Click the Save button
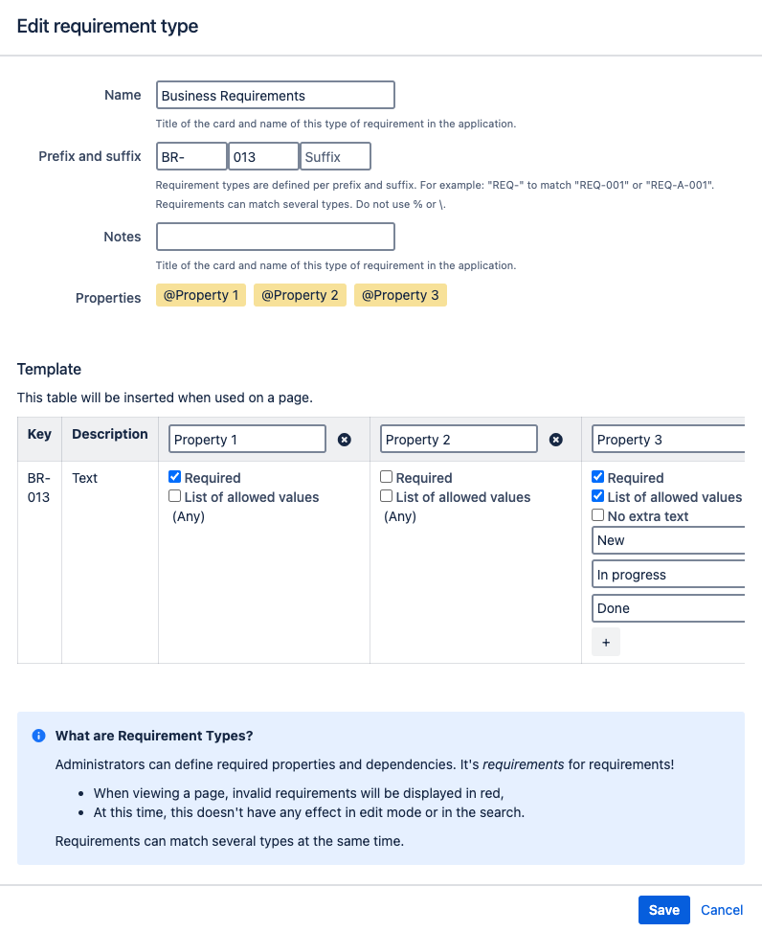click(663, 910)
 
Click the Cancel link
click(722, 910)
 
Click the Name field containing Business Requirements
click(275, 95)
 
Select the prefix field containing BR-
click(191, 156)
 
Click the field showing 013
click(263, 156)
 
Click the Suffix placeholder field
click(335, 156)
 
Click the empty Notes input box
click(275, 237)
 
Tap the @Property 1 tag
click(201, 295)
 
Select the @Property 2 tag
click(300, 295)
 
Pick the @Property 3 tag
click(400, 295)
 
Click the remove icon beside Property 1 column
click(345, 440)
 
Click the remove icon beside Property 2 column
click(555, 440)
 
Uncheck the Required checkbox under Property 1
click(175, 477)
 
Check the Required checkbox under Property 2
click(387, 477)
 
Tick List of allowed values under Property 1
click(175, 496)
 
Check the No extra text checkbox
click(598, 515)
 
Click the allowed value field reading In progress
click(668, 575)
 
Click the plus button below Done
click(606, 642)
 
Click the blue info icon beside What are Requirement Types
click(38, 736)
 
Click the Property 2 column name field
click(459, 440)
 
